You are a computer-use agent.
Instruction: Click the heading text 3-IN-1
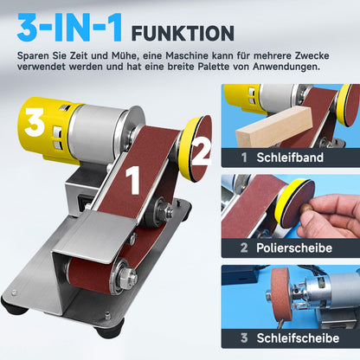coord(69,30)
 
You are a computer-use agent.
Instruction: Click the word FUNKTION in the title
coord(182,34)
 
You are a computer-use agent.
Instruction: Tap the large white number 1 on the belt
coord(133,183)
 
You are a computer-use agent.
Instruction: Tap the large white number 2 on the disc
coord(200,152)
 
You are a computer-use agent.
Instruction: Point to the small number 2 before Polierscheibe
coord(246,248)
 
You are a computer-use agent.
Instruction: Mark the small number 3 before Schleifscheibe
coord(246,338)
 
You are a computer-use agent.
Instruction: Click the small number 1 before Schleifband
coord(246,158)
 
